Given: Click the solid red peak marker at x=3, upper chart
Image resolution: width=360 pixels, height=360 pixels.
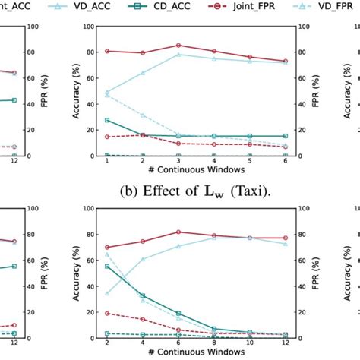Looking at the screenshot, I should click(x=178, y=46).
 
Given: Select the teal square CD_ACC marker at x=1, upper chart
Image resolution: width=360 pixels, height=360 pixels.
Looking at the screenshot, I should click(x=107, y=120).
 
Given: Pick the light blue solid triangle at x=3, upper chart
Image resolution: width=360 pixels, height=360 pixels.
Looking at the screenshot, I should click(x=178, y=55).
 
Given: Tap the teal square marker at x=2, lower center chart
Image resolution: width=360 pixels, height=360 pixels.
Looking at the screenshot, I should click(x=107, y=266).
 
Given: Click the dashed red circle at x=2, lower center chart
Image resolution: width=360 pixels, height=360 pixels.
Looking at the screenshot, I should click(x=107, y=313).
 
